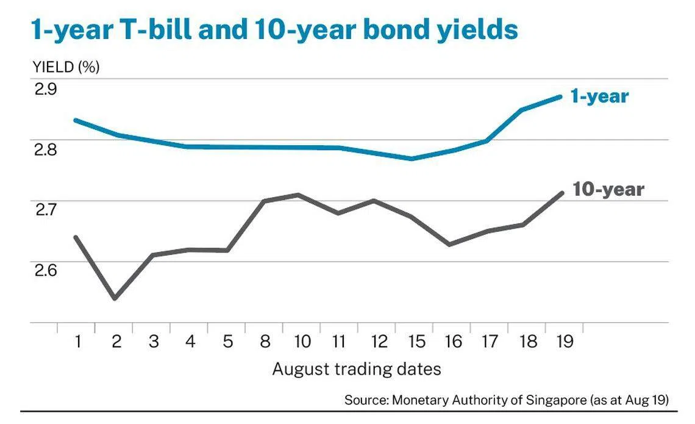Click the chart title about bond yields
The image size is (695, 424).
tap(274, 30)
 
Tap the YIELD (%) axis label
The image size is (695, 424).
tap(66, 67)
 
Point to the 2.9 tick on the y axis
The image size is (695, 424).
tap(46, 89)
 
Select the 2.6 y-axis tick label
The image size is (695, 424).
tap(46, 270)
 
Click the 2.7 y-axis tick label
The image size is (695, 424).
tap(46, 209)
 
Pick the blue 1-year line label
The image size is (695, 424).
tap(599, 96)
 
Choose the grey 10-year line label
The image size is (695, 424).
tap(608, 189)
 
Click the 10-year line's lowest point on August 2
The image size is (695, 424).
tap(115, 298)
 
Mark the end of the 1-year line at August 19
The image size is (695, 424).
tap(560, 96)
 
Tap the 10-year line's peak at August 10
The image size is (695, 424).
tap(298, 194)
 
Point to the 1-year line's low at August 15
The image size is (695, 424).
tap(412, 159)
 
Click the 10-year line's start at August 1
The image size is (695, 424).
tap(76, 237)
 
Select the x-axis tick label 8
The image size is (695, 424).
tap(265, 342)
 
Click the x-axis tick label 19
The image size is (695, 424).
tap(565, 342)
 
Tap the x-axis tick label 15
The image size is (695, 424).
tap(416, 342)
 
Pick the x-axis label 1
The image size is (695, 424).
tap(78, 342)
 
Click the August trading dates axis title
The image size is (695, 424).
tap(357, 369)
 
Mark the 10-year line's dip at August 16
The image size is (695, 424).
tap(449, 245)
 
